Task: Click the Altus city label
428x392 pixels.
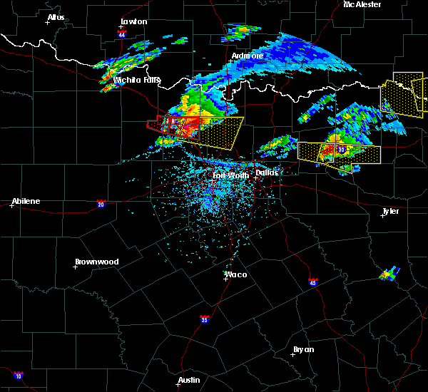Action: pos(56,17)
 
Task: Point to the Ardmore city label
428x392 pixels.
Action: pos(248,56)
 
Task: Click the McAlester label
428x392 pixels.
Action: pos(362,5)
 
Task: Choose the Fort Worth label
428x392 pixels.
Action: pos(231,175)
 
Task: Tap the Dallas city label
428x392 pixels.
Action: pos(267,172)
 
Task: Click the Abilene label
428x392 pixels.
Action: pos(25,201)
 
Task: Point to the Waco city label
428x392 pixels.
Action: pos(236,274)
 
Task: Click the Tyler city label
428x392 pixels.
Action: pos(390,212)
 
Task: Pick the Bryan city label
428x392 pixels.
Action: pos(303,349)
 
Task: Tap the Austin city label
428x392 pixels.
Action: pos(190,380)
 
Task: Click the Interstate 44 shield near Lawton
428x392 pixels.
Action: pos(123,33)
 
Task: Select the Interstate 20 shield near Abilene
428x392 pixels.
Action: pos(101,205)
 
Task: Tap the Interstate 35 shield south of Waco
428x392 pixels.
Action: pos(205,319)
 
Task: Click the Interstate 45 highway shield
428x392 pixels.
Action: pos(313,282)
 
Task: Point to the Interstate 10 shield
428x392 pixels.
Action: pos(18,376)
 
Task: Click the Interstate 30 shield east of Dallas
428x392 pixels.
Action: pos(342,150)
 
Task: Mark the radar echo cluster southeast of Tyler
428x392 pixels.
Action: pos(389,272)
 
